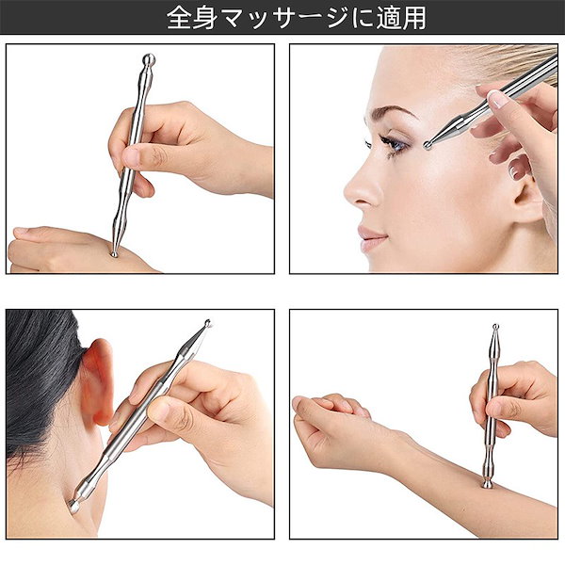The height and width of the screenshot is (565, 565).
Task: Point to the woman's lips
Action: (370, 234)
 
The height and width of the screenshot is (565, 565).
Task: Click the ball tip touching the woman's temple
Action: (429, 144)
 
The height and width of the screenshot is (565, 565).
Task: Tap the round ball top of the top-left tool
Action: (148, 61)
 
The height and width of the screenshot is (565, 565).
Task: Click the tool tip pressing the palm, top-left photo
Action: (114, 252)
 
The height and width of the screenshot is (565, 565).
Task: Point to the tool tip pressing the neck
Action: (74, 506)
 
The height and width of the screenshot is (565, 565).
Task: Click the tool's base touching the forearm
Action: (487, 484)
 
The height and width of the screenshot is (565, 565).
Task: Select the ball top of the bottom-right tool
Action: (493, 328)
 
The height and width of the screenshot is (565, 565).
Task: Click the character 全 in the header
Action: (178, 18)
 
